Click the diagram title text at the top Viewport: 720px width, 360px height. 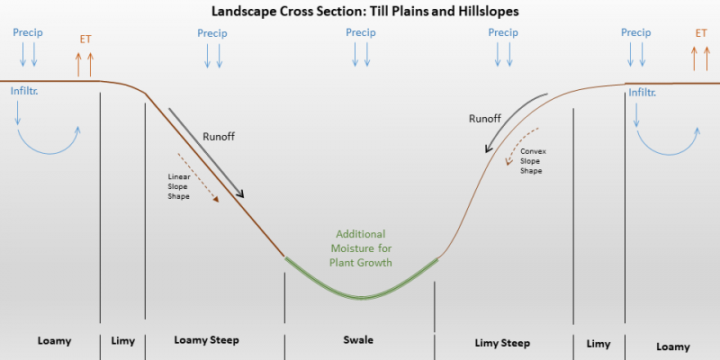pyautogui.click(x=365, y=12)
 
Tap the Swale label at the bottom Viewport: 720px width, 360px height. pyautogui.click(x=358, y=340)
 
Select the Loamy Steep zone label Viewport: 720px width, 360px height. pyautogui.click(x=207, y=340)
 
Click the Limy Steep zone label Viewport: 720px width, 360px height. pyautogui.click(x=502, y=343)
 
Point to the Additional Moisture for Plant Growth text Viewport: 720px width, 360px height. pyautogui.click(x=361, y=248)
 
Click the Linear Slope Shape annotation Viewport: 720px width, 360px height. pyautogui.click(x=179, y=186)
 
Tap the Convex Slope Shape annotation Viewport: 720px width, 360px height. pyautogui.click(x=533, y=161)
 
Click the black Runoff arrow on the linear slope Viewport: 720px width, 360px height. pyautogui.click(x=206, y=153)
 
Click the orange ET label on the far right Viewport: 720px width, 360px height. pyautogui.click(x=701, y=33)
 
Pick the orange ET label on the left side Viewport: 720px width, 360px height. pyautogui.click(x=85, y=39)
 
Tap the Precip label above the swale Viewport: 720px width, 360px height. pyautogui.click(x=361, y=33)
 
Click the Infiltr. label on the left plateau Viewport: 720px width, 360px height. pyautogui.click(x=24, y=91)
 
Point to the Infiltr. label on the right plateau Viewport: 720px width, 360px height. pyautogui.click(x=643, y=93)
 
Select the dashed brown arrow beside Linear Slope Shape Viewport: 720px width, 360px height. pyautogui.click(x=198, y=177)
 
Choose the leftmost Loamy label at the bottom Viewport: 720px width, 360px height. pyautogui.click(x=54, y=341)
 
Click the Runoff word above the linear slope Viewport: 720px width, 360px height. pyautogui.click(x=219, y=137)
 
